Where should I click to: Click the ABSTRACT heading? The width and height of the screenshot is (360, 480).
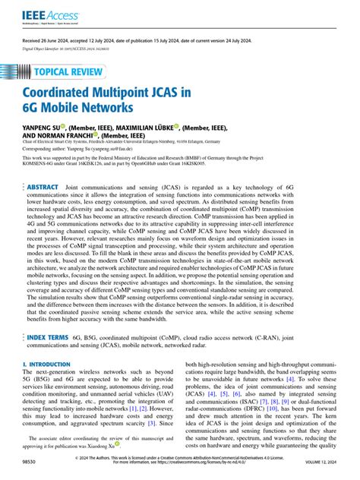tap(42, 186)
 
